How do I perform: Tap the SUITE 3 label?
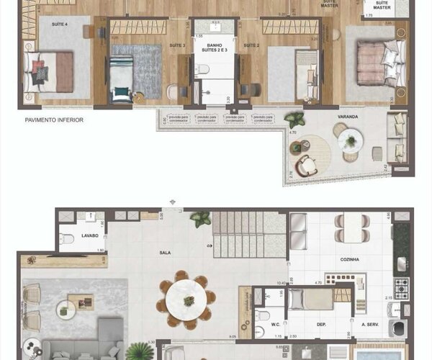(177, 45)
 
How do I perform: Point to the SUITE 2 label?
(251, 45)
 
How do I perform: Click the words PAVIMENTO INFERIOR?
(53, 120)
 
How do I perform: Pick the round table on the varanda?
(351, 139)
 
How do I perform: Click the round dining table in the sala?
(186, 297)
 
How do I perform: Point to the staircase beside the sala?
(249, 234)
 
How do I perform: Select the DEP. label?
(314, 325)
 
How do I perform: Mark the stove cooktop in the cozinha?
(401, 287)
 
